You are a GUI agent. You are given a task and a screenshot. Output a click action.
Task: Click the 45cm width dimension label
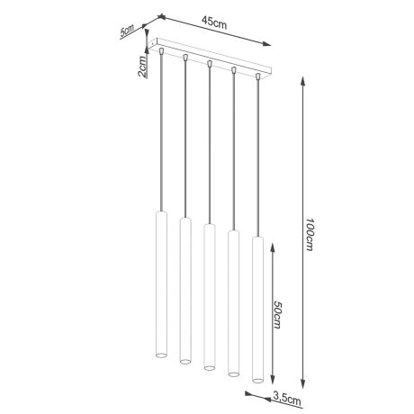click(x=213, y=22)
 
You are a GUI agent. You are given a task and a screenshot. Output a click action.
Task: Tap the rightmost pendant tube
click(x=258, y=306)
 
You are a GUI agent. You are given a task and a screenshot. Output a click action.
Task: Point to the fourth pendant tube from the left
click(x=233, y=301)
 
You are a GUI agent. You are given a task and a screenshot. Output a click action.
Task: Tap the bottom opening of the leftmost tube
click(x=161, y=355)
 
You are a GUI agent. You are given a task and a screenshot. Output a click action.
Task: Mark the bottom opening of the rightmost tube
click(x=258, y=376)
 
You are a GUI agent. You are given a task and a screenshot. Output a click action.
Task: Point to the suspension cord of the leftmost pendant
click(x=161, y=135)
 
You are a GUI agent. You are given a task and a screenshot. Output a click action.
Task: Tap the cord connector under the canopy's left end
click(x=161, y=54)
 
